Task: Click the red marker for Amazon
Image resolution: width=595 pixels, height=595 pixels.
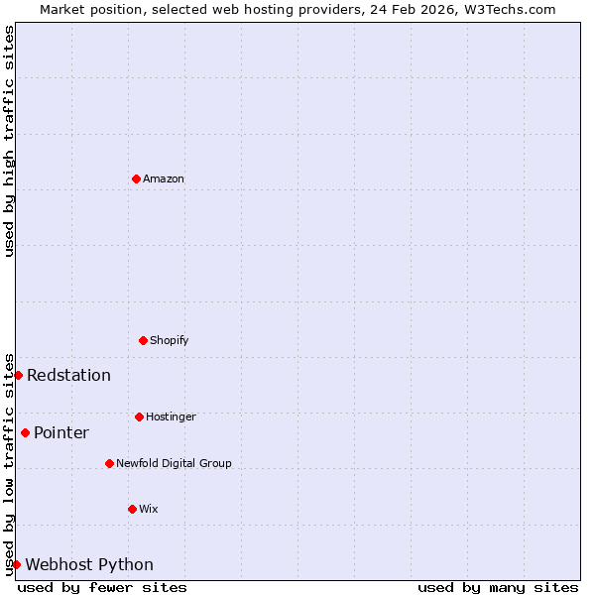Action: (136, 178)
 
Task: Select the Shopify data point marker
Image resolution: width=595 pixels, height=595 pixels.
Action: (143, 340)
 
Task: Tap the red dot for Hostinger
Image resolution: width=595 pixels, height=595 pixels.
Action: (139, 416)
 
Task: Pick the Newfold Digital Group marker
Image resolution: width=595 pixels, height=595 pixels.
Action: (109, 463)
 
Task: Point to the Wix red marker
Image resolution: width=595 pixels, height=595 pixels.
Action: (132, 509)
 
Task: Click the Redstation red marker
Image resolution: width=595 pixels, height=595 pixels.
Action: (18, 375)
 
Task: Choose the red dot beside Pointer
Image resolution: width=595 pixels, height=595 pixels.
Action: (25, 432)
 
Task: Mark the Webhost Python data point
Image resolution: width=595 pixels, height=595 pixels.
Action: (16, 564)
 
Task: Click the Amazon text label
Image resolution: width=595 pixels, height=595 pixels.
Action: (164, 178)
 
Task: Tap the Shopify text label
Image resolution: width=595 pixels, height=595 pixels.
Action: (170, 340)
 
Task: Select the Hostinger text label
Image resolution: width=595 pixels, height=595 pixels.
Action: (171, 416)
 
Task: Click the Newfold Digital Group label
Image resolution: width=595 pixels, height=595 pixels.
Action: (174, 463)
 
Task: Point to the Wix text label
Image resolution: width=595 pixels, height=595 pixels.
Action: (149, 509)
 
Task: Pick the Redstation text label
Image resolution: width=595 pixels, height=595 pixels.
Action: (68, 375)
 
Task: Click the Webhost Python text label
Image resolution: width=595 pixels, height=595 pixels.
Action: (89, 564)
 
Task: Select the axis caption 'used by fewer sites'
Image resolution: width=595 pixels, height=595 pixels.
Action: (102, 587)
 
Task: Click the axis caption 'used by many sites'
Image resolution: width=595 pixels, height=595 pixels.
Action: (498, 587)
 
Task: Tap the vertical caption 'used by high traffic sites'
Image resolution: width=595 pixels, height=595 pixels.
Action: (9, 141)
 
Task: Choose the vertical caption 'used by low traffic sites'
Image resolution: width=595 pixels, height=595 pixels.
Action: (9, 463)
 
